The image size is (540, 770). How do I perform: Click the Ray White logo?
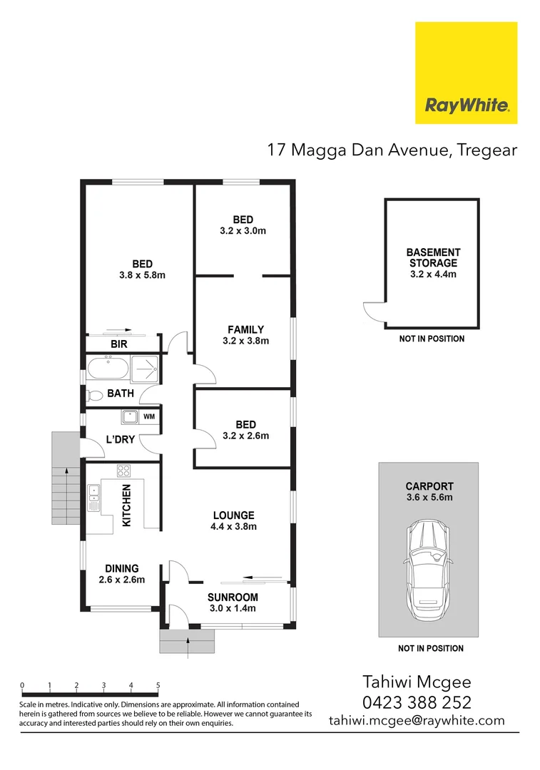[467, 73]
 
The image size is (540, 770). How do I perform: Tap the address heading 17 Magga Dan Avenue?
[392, 150]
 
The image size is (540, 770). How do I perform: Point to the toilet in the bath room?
[93, 394]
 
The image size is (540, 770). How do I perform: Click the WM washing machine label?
[149, 416]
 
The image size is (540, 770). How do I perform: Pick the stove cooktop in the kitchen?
[124, 471]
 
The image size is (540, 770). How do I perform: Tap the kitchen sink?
[93, 498]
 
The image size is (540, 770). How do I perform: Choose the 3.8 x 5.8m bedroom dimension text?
[142, 275]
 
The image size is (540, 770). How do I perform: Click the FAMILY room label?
[245, 329]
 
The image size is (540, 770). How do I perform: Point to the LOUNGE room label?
[233, 515]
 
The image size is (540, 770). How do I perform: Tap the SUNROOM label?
[233, 597]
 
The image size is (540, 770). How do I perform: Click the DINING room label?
[121, 568]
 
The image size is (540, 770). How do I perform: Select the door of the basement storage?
[372, 313]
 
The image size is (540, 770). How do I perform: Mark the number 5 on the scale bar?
[158, 685]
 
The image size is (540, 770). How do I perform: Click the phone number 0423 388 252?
[417, 702]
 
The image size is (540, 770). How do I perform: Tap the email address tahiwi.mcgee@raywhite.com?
[417, 720]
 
